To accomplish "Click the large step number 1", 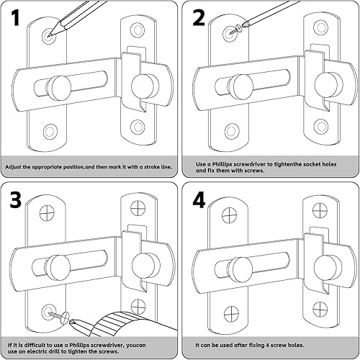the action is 16,17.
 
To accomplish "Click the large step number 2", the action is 199,17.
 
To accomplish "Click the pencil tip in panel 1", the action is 49,36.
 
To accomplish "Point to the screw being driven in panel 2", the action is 235,30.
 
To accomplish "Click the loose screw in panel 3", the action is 59,315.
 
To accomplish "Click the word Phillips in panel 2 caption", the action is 222,165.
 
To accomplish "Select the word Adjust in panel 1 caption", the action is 13,167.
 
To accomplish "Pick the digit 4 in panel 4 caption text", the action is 267,346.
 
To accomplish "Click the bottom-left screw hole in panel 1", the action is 50,131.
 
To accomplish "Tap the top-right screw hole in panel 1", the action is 138,30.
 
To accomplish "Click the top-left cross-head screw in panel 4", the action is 230,215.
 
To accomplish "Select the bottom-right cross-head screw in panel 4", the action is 320,308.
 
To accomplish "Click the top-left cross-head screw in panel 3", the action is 47,213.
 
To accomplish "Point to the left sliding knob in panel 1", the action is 58,88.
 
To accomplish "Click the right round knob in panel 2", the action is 328,85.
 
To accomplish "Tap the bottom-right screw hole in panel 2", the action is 321,126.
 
